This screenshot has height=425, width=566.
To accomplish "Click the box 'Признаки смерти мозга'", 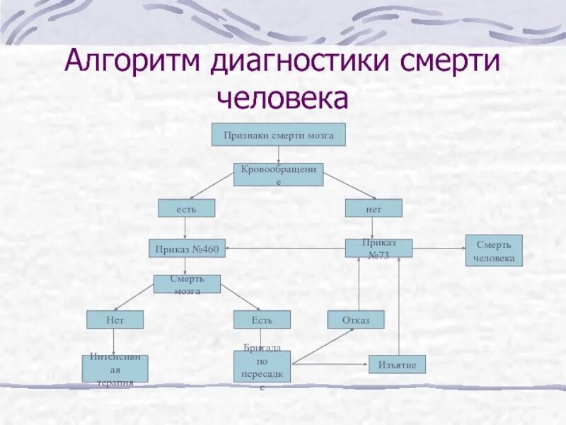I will click(x=279, y=135).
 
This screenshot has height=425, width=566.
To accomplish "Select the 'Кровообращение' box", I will click(x=278, y=174).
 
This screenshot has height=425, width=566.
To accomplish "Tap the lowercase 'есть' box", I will click(x=185, y=208).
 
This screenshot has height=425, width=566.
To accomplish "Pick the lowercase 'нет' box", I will click(x=374, y=208).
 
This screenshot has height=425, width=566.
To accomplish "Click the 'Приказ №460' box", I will click(x=187, y=249).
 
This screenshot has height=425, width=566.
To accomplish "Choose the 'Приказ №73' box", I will click(x=379, y=248).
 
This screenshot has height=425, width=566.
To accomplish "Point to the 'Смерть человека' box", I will click(x=494, y=251).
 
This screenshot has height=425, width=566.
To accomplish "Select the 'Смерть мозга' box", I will click(x=187, y=284).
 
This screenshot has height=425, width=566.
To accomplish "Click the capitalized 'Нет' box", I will click(x=115, y=319).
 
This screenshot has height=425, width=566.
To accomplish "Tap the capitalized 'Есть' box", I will click(x=262, y=319).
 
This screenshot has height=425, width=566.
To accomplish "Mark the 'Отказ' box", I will click(x=355, y=319).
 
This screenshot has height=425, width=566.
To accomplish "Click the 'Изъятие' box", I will click(x=397, y=365).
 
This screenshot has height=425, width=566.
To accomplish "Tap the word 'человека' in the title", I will click(x=283, y=99).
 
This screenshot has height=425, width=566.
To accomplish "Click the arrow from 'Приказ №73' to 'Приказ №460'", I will click(x=283, y=248).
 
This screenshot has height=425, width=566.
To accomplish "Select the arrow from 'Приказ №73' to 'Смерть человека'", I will click(x=439, y=248).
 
